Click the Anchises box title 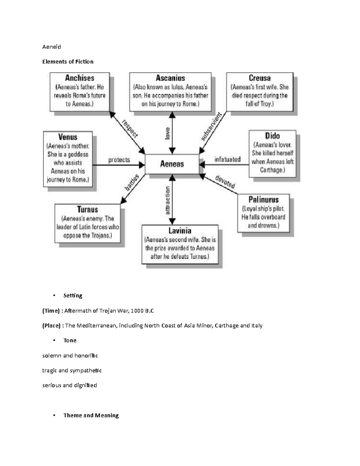tap(79, 78)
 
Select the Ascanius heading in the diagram tap(170, 78)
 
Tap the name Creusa tap(259, 78)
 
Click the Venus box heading tap(68, 137)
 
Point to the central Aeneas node tap(172, 164)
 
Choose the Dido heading tap(272, 136)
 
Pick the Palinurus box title tap(263, 200)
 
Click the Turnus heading tap(87, 209)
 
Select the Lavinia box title tap(180, 231)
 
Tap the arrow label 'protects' tap(119, 160)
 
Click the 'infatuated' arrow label tap(227, 159)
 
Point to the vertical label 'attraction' tap(167, 200)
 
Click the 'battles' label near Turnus tap(132, 182)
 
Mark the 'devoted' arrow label tap(225, 182)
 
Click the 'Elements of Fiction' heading tap(68, 62)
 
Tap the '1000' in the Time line tap(137, 311)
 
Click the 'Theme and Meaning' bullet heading tap(91, 415)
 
